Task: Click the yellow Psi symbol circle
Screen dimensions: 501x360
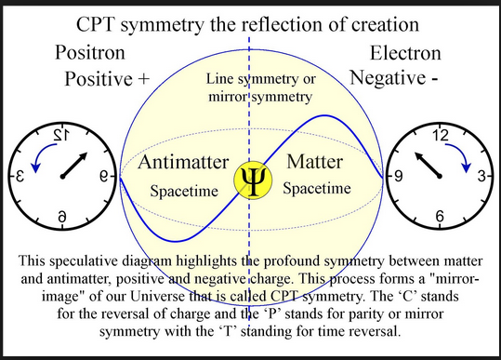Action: coord(253,180)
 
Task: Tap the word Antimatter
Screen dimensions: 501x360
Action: coord(183,162)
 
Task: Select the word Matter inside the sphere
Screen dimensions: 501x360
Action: coord(315,162)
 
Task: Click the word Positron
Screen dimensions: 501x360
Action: coord(90,52)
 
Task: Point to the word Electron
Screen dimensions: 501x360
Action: coord(405,53)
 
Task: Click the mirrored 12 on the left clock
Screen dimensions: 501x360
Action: coord(60,136)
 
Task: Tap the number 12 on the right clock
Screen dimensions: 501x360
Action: coord(441,136)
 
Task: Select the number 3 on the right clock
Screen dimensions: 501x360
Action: coord(481,176)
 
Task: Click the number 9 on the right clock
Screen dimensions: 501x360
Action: coord(398,176)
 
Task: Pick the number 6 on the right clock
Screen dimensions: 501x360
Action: coord(440,217)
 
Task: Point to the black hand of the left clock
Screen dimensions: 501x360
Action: coord(74,165)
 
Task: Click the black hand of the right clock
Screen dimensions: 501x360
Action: coord(428,165)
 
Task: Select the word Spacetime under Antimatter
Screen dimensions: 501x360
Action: coord(184,192)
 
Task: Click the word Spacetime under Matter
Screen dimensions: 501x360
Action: coord(317,188)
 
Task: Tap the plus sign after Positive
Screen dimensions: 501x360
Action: coord(144,79)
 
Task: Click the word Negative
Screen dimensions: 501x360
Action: coord(388,78)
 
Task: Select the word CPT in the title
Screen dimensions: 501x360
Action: coord(95,24)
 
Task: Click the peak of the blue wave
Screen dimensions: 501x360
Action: coord(324,115)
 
